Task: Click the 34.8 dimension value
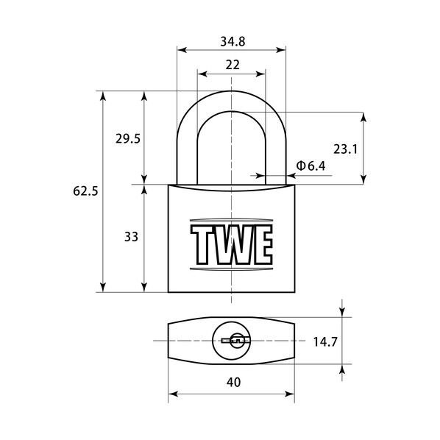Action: (x=233, y=41)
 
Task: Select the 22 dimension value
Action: (x=233, y=65)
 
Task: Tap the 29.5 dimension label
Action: (x=128, y=138)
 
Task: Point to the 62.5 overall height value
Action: (x=85, y=191)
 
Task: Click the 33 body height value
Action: (x=131, y=237)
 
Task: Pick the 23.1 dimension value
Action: (x=345, y=149)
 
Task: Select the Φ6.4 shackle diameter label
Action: (x=311, y=166)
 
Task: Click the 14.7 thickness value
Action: (x=325, y=341)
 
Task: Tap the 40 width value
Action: (x=233, y=382)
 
